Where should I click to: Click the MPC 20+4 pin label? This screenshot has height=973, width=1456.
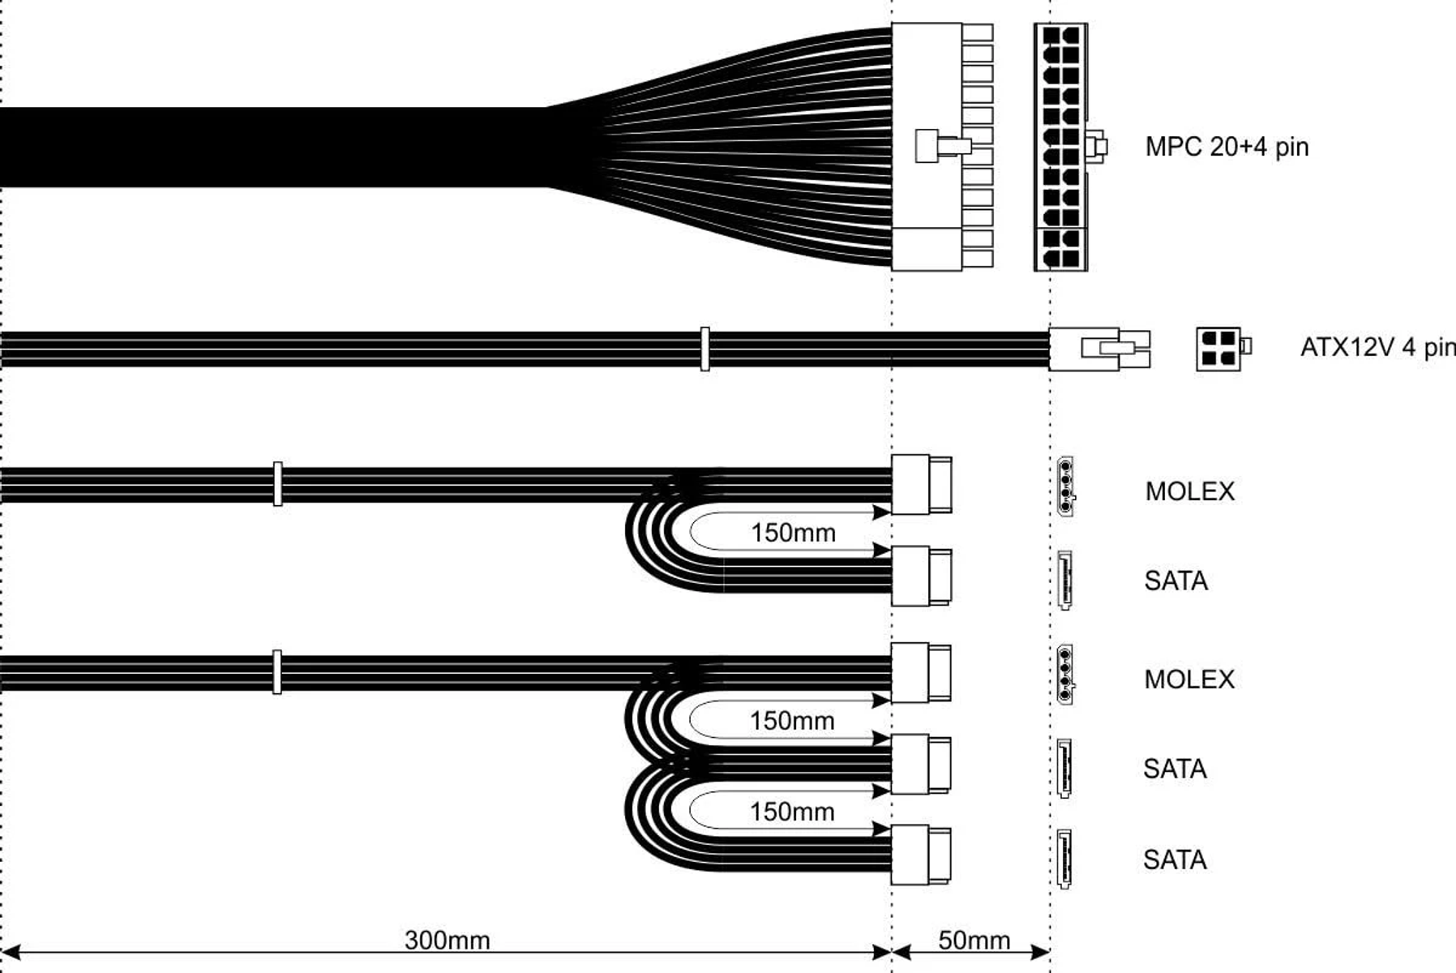pos(1226,147)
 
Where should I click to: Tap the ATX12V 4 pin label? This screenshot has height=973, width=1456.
pos(1377,348)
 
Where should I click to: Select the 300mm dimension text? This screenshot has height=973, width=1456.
pos(447,940)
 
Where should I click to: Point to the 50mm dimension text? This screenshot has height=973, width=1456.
pos(974,940)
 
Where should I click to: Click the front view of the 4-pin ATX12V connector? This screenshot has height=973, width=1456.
pos(1219,349)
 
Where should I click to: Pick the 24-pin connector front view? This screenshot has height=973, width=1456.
pos(1060,147)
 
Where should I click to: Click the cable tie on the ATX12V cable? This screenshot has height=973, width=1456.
pos(704,349)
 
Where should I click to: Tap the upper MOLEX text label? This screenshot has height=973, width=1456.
pos(1189,491)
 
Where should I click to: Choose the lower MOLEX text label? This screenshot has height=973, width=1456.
pos(1188,679)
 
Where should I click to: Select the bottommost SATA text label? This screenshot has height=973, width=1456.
pos(1175,859)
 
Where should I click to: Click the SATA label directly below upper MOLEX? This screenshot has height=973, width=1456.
pos(1176,581)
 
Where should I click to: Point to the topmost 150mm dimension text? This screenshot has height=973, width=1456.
pos(792,533)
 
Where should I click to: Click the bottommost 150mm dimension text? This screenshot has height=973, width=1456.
pos(791,812)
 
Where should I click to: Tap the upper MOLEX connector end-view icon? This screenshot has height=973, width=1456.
pos(1065,486)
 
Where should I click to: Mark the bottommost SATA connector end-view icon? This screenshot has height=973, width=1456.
pos(1064,859)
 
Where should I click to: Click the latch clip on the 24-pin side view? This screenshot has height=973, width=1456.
pos(942,147)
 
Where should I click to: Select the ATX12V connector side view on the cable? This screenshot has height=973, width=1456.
pos(1098,349)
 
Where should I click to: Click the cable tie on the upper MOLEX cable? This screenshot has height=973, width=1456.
pos(277,484)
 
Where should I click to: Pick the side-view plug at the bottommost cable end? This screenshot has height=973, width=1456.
pos(921,855)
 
